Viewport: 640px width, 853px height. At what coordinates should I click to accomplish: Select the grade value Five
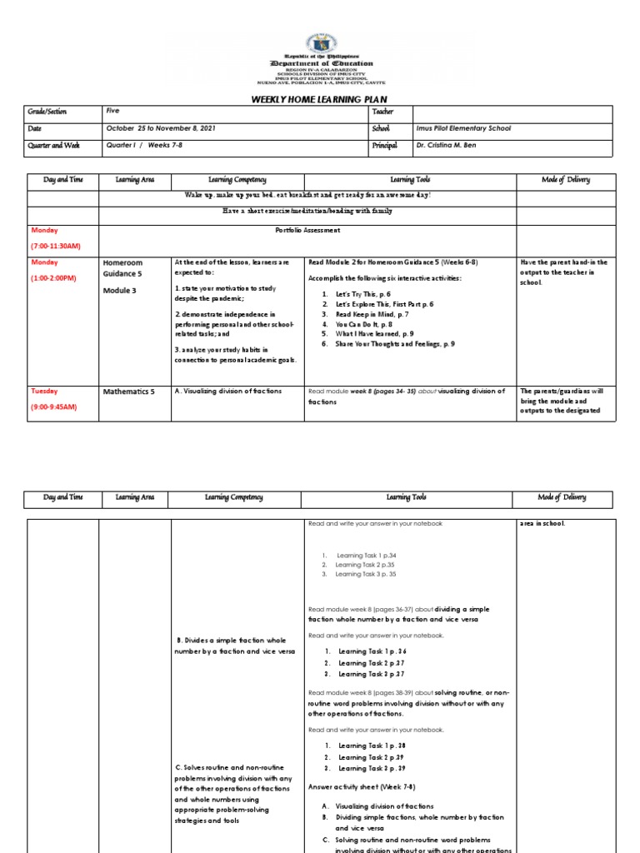tap(112, 111)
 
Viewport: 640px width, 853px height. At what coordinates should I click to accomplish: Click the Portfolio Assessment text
tap(307, 231)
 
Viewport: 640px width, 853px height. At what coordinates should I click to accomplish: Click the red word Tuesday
tap(44, 391)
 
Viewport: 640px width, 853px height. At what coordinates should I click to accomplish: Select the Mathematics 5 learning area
tap(129, 391)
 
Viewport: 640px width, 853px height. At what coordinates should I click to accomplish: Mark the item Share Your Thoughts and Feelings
tap(395, 343)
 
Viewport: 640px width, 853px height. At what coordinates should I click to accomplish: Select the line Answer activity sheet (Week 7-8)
tap(362, 786)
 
